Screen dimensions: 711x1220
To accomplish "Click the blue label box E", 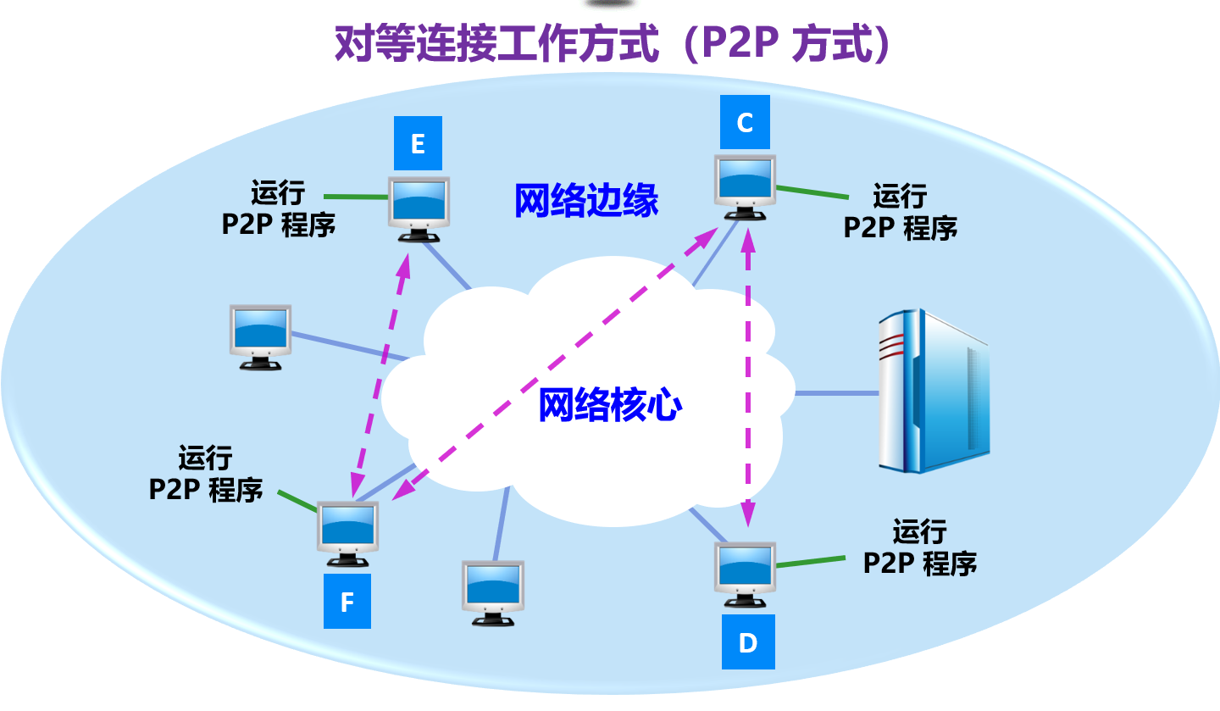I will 418,144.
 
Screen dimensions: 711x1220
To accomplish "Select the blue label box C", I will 745,123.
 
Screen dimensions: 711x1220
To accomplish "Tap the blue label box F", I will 347,603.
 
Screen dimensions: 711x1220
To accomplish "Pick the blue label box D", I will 747,643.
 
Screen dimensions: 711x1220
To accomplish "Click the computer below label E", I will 419,208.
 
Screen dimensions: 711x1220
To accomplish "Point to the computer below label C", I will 746,186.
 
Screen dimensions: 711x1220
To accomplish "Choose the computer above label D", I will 746,574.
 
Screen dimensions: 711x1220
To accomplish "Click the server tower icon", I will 932,390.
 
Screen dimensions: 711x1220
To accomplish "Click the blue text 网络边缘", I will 586,202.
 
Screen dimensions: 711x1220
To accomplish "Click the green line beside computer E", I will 357,197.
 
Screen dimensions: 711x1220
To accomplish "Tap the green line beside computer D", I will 811,562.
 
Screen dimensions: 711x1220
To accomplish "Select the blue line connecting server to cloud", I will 836,393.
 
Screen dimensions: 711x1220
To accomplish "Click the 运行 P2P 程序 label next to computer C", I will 900,212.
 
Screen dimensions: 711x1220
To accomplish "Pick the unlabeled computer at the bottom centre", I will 492,592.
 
